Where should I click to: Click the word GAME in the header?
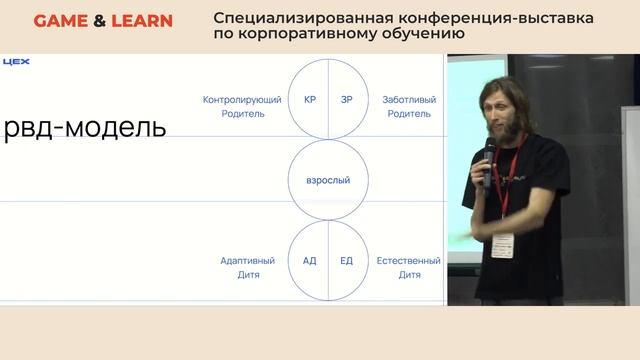(x=58, y=21)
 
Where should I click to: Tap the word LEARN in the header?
(x=141, y=21)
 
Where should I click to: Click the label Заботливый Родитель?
(x=407, y=107)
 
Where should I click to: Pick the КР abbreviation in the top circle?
(x=310, y=100)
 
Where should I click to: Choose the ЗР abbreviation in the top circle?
(x=347, y=100)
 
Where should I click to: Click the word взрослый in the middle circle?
(x=328, y=180)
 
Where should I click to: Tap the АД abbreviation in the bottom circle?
(x=310, y=260)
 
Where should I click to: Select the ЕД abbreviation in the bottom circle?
(x=347, y=260)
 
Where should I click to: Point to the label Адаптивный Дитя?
(x=247, y=267)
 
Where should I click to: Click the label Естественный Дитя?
(x=407, y=267)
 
